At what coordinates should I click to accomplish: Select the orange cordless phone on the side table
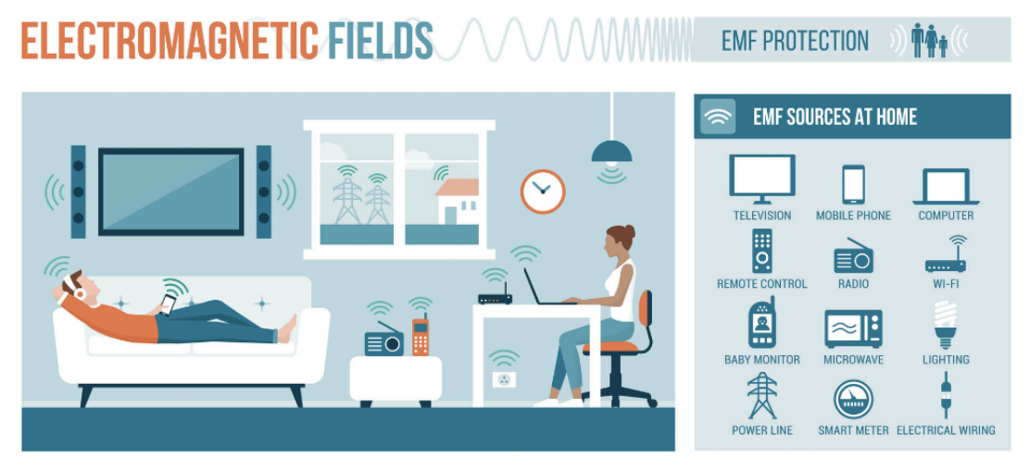click(421, 335)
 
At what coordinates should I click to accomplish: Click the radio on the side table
click(384, 340)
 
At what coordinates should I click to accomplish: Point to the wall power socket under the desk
click(504, 378)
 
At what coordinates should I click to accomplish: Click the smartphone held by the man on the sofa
click(169, 303)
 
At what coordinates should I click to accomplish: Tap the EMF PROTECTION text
click(795, 41)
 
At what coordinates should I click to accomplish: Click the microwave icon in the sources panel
click(853, 328)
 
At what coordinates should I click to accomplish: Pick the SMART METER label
click(853, 430)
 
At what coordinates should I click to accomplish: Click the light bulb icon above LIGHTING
click(946, 324)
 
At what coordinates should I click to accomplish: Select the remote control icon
click(762, 251)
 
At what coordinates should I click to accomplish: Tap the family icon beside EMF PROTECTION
click(929, 41)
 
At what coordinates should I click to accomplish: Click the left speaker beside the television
click(78, 192)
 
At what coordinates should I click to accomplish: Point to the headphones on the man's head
click(71, 287)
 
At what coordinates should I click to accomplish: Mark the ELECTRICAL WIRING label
click(946, 430)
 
